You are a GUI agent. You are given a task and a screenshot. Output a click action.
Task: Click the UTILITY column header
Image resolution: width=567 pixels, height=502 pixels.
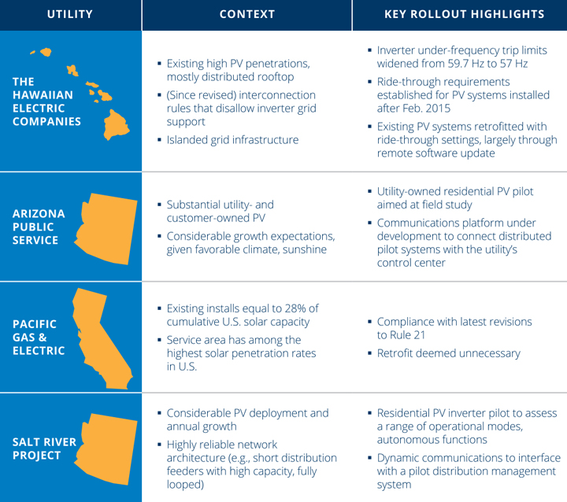(x=70, y=14)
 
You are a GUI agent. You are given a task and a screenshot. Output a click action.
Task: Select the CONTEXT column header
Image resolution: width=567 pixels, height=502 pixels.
(x=247, y=14)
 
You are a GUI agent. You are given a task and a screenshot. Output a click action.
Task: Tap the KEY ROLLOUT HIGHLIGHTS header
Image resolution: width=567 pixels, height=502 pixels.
(x=465, y=14)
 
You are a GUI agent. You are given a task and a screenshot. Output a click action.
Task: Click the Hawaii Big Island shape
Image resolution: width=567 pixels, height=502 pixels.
(x=117, y=124)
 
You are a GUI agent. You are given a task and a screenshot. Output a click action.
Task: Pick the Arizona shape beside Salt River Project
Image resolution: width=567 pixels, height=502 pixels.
(x=106, y=448)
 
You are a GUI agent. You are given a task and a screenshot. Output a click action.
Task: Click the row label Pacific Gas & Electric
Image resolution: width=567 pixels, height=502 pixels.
(x=39, y=338)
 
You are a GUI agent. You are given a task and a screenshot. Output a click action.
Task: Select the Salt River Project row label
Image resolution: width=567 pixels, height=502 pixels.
(x=44, y=448)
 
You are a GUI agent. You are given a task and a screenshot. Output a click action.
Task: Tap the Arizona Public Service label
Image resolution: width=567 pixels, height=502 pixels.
(x=39, y=227)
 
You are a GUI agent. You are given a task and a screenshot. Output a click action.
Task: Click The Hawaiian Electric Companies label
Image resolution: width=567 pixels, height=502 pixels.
(x=46, y=102)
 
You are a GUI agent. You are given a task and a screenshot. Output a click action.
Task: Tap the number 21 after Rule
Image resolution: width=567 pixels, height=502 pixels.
(x=419, y=335)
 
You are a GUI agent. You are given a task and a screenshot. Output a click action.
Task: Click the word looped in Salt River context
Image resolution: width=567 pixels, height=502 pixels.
(x=185, y=485)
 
